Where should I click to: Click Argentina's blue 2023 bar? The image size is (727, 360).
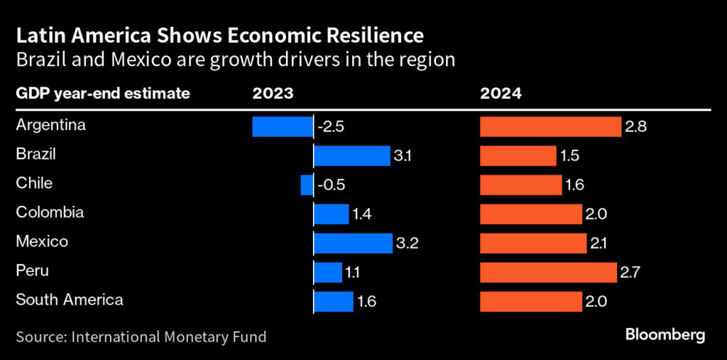click(283, 126)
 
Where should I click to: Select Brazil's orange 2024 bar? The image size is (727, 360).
click(518, 156)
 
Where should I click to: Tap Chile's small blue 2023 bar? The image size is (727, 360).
click(307, 185)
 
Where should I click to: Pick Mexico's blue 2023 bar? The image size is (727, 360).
click(353, 243)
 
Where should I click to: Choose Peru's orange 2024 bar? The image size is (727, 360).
click(548, 272)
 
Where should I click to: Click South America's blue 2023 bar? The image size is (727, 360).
click(334, 301)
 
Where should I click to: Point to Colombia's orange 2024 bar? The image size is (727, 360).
click(531, 214)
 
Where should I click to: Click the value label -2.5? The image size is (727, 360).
click(332, 127)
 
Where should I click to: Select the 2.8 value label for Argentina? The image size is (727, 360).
click(636, 127)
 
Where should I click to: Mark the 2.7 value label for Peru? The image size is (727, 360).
click(631, 273)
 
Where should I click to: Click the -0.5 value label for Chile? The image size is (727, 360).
click(332, 185)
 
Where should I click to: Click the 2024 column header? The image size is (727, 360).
click(501, 94)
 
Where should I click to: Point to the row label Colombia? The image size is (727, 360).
click(50, 212)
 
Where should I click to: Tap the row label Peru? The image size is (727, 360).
click(32, 271)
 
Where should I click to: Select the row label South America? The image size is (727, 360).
click(70, 300)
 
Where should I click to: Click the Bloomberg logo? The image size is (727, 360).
click(665, 334)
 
